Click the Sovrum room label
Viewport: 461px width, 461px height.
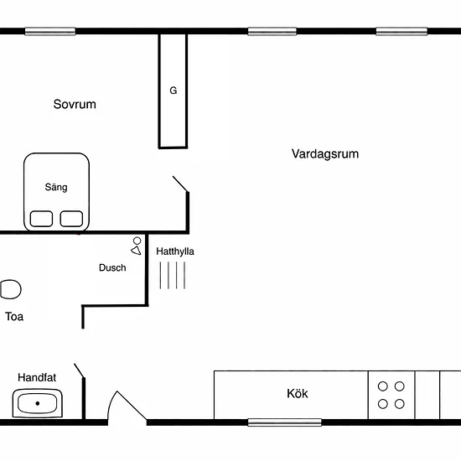tap(75, 104)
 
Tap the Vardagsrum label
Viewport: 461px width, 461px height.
tap(325, 153)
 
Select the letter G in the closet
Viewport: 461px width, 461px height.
tap(174, 91)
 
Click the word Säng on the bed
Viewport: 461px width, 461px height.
tap(56, 187)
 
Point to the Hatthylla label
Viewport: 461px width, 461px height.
tap(175, 251)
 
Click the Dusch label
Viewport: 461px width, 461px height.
tap(112, 267)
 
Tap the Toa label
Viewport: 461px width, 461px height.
tap(14, 317)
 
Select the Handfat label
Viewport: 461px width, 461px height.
tap(37, 377)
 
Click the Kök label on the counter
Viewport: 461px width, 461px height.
tap(298, 393)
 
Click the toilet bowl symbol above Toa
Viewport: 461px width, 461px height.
tap(11, 289)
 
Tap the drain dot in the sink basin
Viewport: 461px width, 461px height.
tap(38, 403)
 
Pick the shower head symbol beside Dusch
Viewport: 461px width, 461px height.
tap(136, 246)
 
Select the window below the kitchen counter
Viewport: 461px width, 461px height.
tap(285, 422)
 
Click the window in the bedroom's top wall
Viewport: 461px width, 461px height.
tap(50, 31)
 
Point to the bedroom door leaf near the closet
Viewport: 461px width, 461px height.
tap(180, 184)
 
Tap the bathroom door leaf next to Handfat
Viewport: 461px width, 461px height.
tap(80, 370)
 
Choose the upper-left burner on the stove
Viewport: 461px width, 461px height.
tap(382, 386)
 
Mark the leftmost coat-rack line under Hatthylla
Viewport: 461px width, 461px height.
tap(160, 276)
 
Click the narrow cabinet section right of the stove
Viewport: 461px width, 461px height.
tap(427, 395)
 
